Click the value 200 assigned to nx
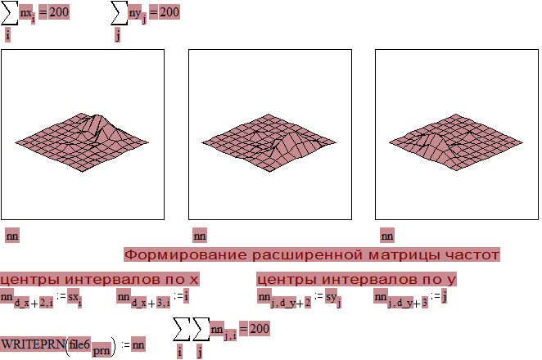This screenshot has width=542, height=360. coord(59,12)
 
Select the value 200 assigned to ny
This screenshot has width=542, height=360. coord(169,12)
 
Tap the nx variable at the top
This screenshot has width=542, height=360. coord(26,13)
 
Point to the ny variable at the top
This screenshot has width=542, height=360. coord(135,13)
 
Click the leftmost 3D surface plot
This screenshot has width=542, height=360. coord(80,139)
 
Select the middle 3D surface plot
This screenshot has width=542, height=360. coord(268,141)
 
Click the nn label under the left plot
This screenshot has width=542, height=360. coord(12,236)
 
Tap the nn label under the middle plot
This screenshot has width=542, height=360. coord(200,236)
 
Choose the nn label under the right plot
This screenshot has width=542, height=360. coord(387,236)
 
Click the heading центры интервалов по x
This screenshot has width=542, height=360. coord(100,280)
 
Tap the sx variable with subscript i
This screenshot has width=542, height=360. coord(74,296)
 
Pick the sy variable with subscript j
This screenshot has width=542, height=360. coord(332,296)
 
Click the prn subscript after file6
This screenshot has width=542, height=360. coord(101,349)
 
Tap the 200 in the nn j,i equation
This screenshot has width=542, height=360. coord(259,329)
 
